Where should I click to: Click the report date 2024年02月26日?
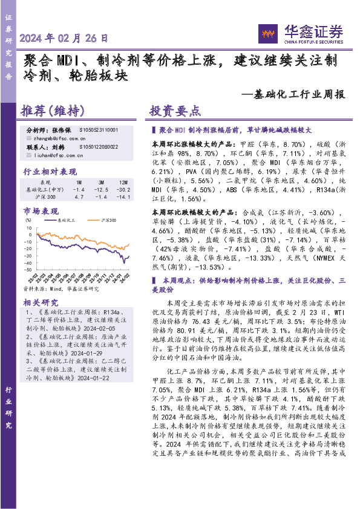[x=65, y=37]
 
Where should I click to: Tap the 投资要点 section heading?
[x=175, y=111]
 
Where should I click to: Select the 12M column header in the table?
[x=123, y=182]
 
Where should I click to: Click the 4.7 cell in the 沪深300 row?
[x=79, y=197]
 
